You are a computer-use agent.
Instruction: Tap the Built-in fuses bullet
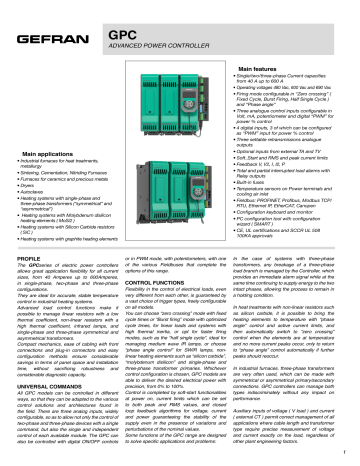click(x=279, y=186)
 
